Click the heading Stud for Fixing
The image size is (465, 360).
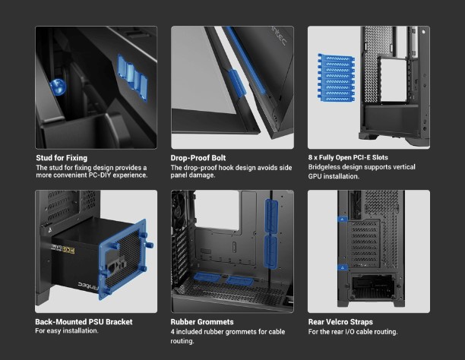tap(62, 158)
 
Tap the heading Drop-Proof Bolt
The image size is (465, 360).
tap(198, 158)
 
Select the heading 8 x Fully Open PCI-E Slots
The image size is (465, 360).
tap(348, 157)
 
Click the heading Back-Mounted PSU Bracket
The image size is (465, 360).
tap(84, 322)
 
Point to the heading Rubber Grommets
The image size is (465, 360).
tap(202, 322)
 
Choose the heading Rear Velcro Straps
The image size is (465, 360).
tap(340, 322)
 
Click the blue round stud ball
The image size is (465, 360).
tap(58, 87)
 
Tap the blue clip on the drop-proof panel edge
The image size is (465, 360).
tap(236, 83)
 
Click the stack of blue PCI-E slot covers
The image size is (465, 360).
tap(337, 77)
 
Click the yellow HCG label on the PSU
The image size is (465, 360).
tap(68, 250)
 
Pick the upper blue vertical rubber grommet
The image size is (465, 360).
tap(271, 216)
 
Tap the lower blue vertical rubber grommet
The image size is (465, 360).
tap(270, 252)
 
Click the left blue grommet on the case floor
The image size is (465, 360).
tap(207, 277)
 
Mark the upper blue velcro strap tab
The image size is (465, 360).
tap(343, 219)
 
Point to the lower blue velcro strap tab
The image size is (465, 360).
tap(343, 267)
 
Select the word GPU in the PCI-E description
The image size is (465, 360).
tap(315, 176)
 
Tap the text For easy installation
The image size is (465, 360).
tap(67, 330)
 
